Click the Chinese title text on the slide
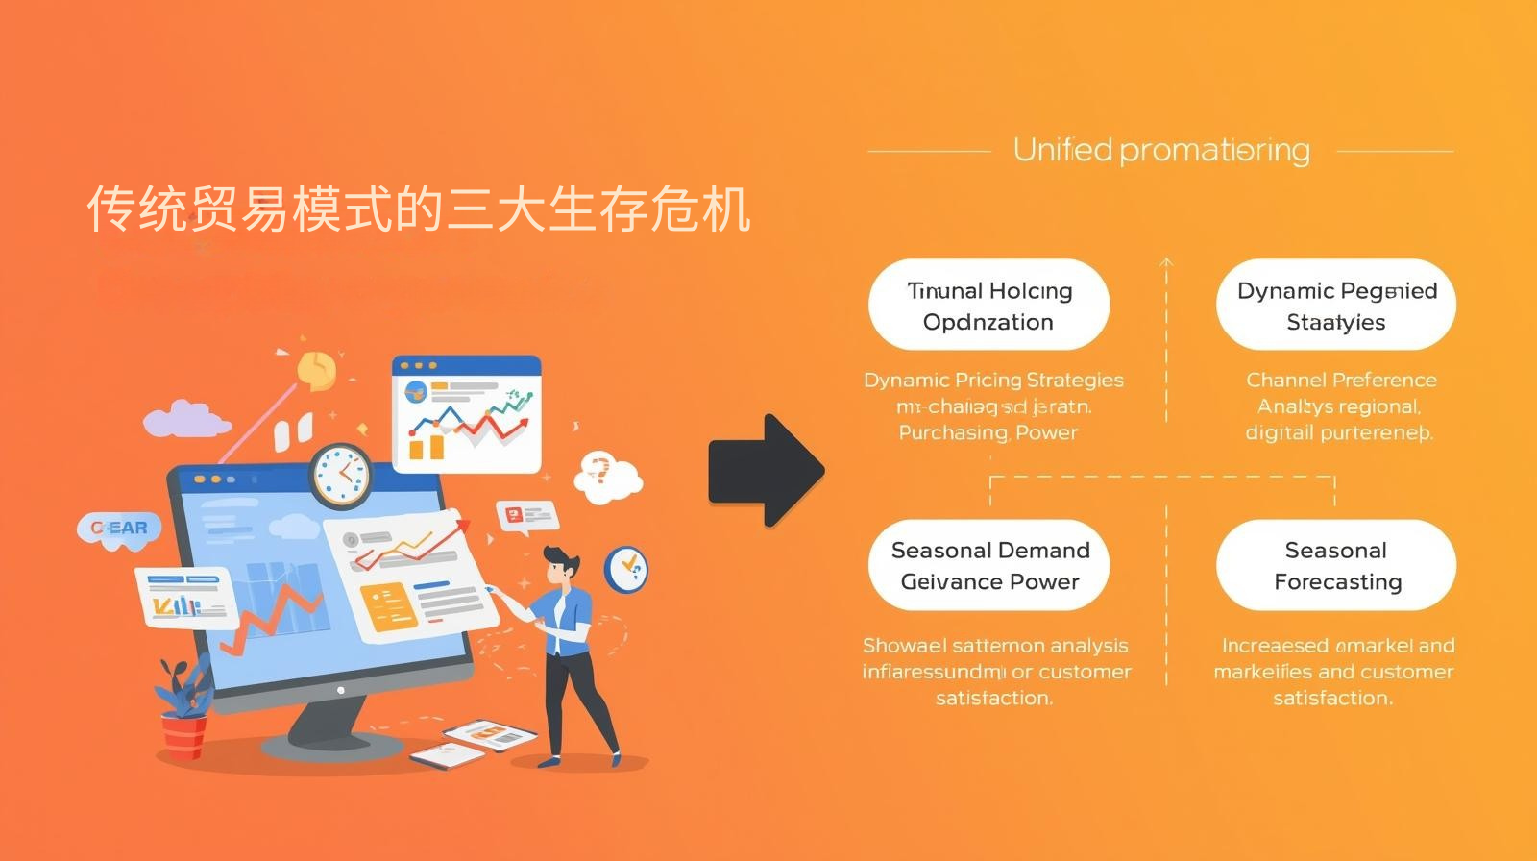(x=419, y=209)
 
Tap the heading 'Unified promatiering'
(x=1161, y=150)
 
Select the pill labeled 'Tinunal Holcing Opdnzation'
(x=988, y=306)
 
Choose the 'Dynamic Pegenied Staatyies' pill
(x=1335, y=306)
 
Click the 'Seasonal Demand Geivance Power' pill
(x=988, y=566)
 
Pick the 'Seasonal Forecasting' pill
(x=1335, y=566)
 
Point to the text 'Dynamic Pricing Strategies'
(x=993, y=380)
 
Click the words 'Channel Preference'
(x=1341, y=380)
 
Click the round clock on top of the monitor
(x=341, y=476)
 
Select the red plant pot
(x=183, y=735)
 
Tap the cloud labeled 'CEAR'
(x=119, y=529)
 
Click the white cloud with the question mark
(x=605, y=475)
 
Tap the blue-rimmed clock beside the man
(x=626, y=569)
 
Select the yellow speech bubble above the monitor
(x=316, y=369)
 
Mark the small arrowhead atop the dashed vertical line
(x=1166, y=261)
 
